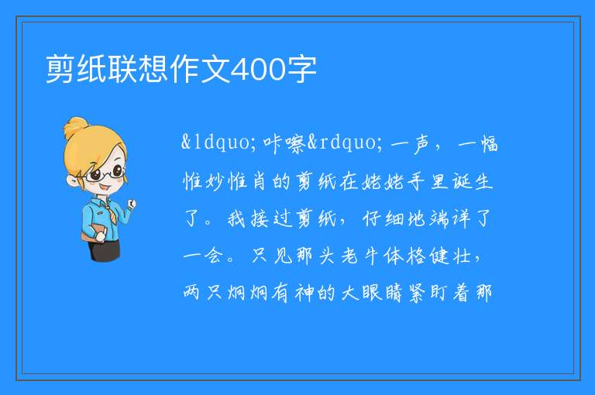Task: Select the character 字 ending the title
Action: click(x=301, y=69)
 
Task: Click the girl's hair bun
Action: click(x=76, y=127)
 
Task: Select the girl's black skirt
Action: click(x=105, y=249)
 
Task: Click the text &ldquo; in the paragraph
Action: click(x=215, y=143)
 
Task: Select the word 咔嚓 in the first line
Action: click(x=284, y=143)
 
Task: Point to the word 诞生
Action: click(x=473, y=181)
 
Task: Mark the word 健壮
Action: click(x=450, y=256)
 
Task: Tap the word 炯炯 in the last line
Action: click(x=248, y=293)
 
